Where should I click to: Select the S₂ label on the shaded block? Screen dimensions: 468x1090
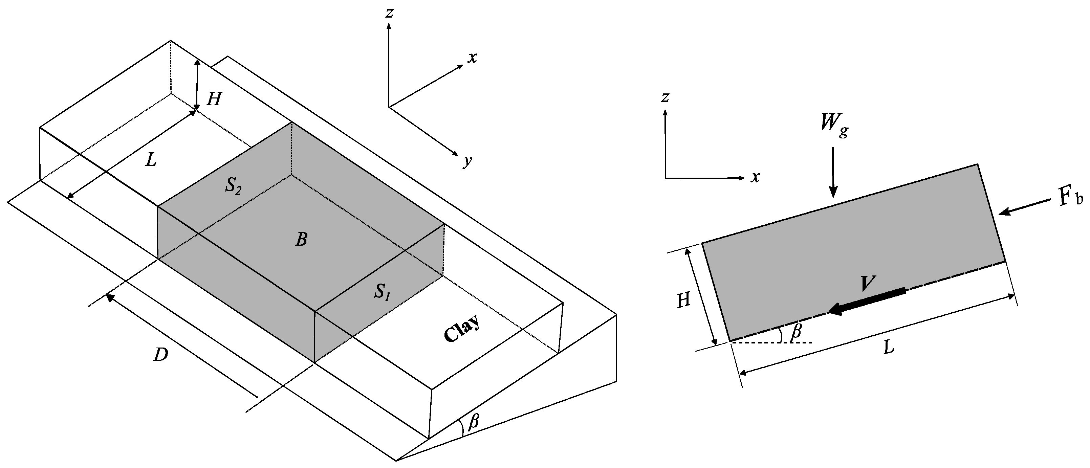pyautogui.click(x=233, y=186)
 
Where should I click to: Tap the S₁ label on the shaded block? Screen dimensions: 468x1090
pyautogui.click(x=382, y=292)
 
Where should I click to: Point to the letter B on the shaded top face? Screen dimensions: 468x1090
pyautogui.click(x=301, y=240)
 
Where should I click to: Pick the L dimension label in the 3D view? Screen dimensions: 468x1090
pyautogui.click(x=151, y=160)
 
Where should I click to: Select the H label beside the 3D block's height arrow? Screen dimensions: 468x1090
pyautogui.click(x=214, y=100)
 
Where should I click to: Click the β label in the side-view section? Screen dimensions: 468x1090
pyautogui.click(x=796, y=331)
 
